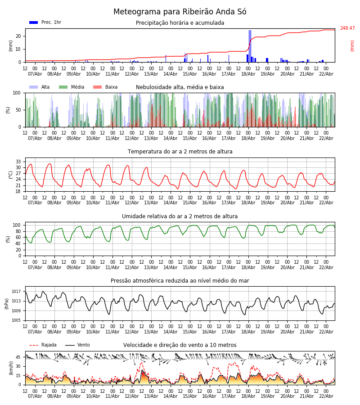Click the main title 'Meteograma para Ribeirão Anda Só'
coord(180,12)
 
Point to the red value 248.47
coord(347,28)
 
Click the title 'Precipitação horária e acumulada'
coord(180,23)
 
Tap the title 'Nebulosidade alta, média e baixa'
coord(180,87)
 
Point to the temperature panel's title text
coord(180,152)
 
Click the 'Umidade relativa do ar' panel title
coord(180,216)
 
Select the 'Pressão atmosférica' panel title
coord(180,281)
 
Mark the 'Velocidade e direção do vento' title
coord(180,345)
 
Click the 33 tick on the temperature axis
coord(18,162)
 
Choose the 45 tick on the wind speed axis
coord(18,357)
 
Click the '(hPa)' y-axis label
coord(7,303)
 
